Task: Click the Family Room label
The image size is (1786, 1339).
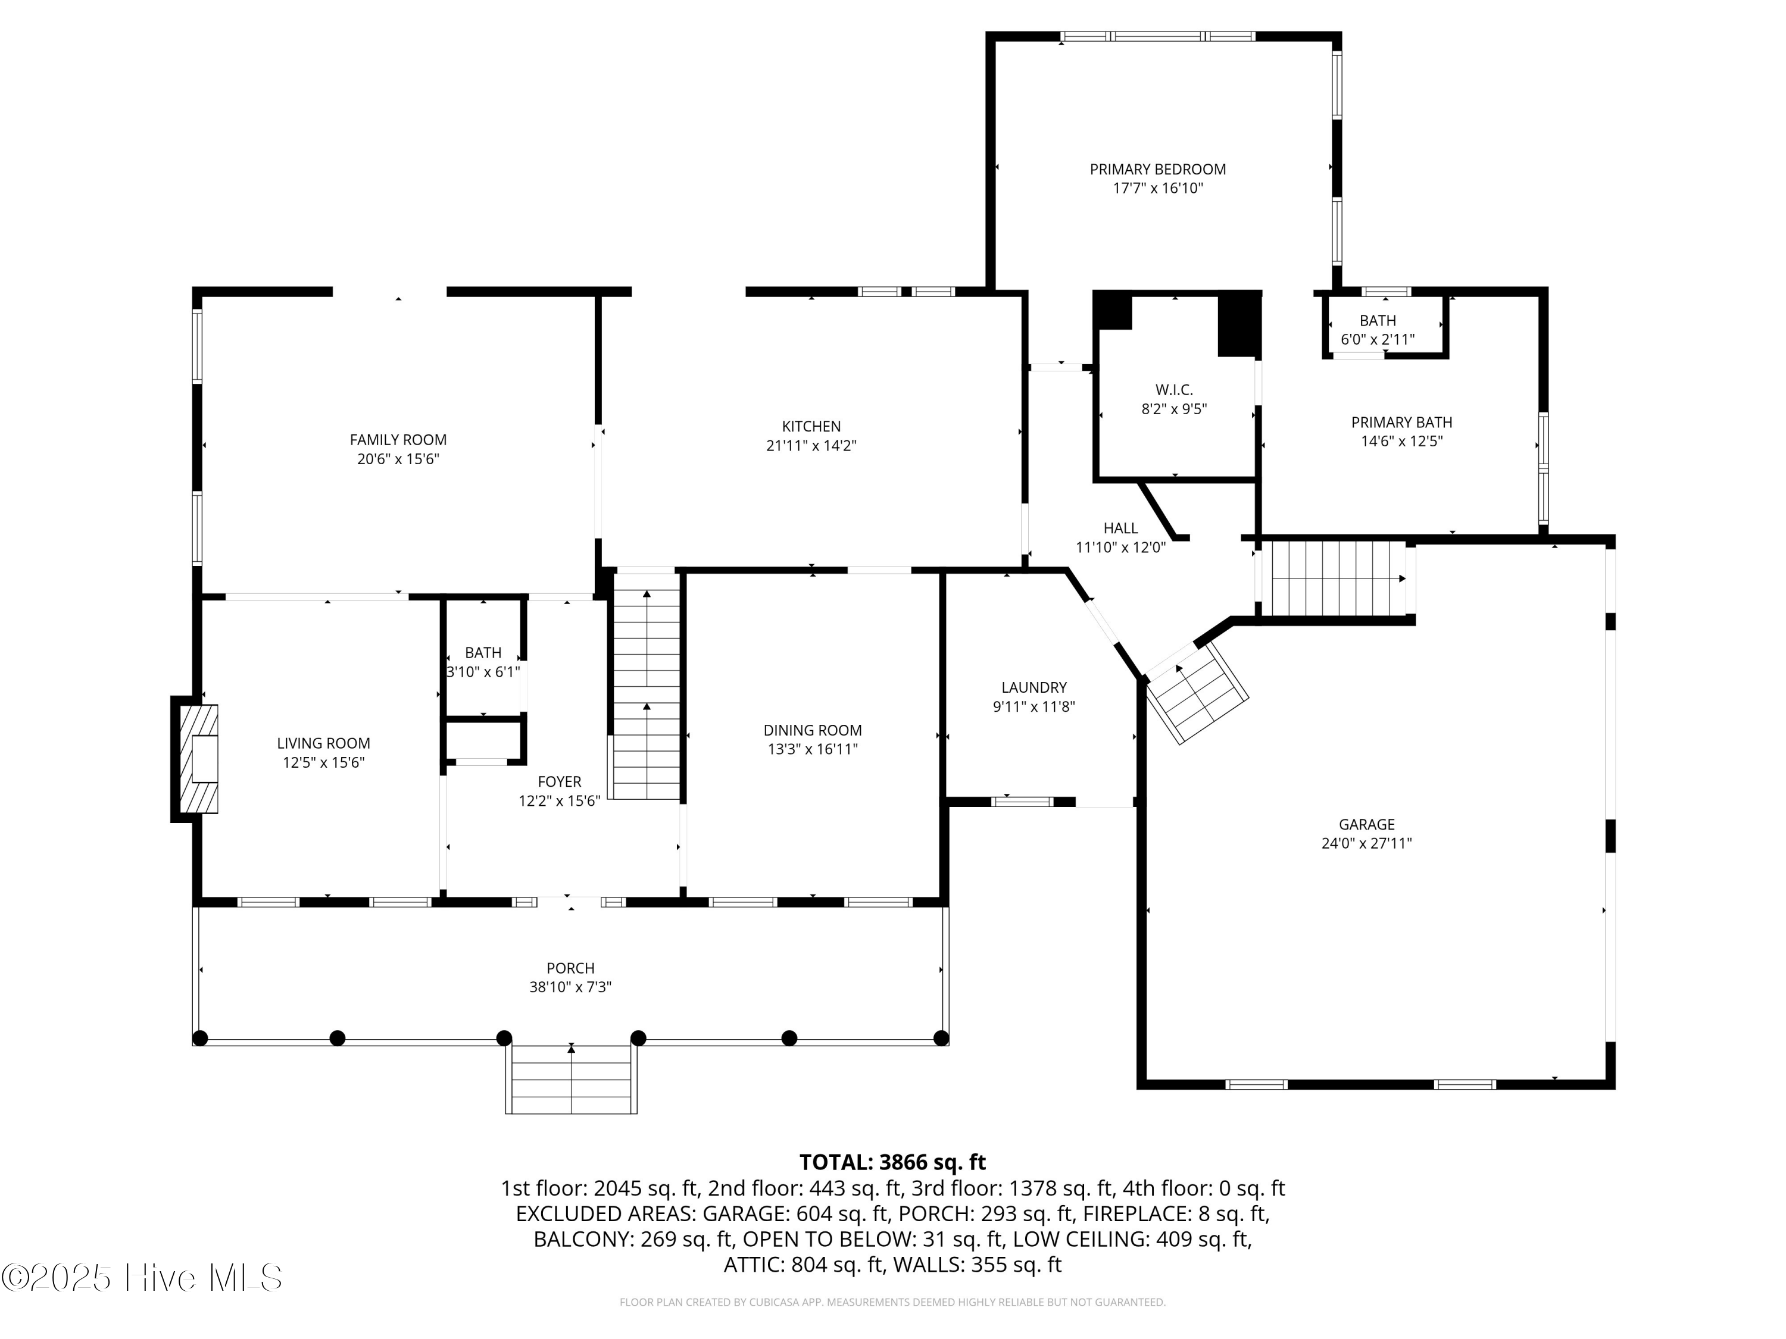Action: (398, 440)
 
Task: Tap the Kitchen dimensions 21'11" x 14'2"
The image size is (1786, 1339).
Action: (811, 446)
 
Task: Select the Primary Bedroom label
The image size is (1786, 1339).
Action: (1158, 170)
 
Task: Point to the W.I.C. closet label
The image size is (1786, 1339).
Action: (1174, 390)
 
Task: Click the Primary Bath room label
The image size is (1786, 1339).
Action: (1401, 422)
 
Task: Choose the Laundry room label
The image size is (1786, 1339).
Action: (1034, 688)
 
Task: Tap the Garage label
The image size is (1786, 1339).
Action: (1367, 824)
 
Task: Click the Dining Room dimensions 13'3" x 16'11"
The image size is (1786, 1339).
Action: (812, 749)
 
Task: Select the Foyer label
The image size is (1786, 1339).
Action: (560, 781)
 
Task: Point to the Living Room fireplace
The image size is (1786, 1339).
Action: (195, 759)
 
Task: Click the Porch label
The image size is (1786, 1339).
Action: (571, 968)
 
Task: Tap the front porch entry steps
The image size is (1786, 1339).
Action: (572, 1079)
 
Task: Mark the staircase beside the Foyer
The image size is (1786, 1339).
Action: (645, 684)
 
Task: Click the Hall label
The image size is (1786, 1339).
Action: (1120, 528)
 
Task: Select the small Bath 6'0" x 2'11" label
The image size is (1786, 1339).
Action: (1378, 320)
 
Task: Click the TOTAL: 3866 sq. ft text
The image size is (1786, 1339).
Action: (892, 1162)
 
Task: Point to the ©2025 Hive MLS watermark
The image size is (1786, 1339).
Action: (142, 1278)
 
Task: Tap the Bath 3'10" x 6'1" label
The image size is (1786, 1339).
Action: (483, 652)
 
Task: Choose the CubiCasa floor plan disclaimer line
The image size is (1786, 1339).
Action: (892, 1302)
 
